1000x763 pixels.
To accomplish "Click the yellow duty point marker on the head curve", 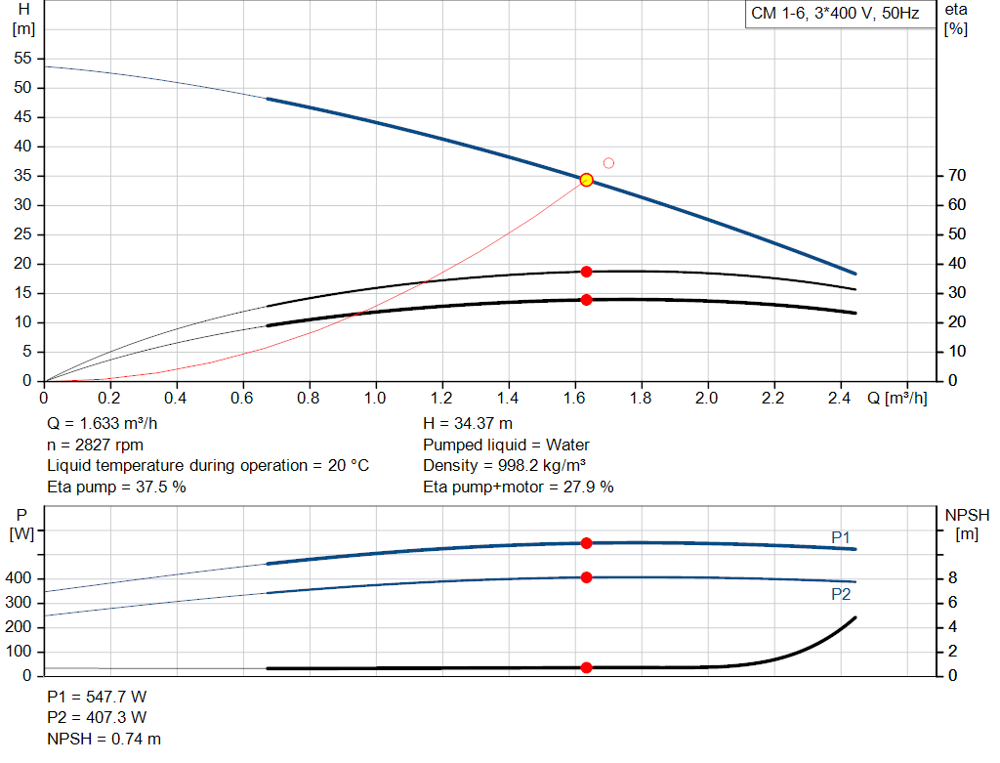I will (586, 180).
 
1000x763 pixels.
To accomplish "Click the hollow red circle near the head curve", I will (608, 163).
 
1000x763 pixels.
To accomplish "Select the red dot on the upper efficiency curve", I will (586, 272).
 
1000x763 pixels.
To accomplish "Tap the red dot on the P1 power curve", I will (586, 543).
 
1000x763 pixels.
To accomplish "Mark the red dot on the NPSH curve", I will (586, 668).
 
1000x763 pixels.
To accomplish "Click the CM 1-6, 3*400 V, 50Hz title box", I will (834, 15).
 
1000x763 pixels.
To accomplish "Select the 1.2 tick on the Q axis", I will (441, 399).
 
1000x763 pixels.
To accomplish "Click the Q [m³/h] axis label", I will (896, 399).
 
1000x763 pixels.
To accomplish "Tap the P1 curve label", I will (841, 537).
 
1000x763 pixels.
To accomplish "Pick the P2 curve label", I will (841, 594).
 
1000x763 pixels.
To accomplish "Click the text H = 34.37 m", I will (467, 424).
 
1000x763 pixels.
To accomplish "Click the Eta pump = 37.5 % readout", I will (116, 487).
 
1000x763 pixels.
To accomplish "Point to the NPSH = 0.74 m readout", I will (104, 740).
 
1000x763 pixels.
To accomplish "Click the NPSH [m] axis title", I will (967, 524).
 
